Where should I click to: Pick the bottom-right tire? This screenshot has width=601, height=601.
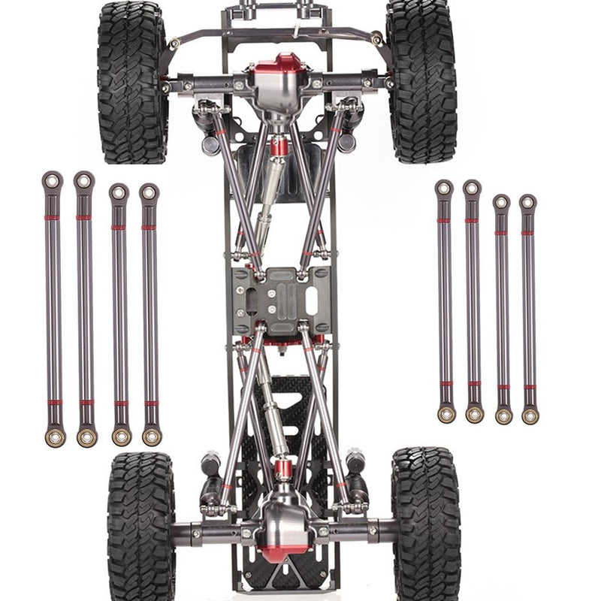tap(426, 526)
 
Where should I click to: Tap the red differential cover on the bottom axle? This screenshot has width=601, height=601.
tap(284, 552)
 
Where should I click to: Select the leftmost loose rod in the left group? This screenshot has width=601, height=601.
tap(53, 308)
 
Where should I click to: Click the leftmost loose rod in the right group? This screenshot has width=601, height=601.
tap(445, 300)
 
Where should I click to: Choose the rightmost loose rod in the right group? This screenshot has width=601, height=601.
tap(529, 308)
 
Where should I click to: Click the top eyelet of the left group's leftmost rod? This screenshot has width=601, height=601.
tap(52, 180)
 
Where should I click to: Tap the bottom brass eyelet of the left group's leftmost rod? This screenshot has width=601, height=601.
tap(55, 436)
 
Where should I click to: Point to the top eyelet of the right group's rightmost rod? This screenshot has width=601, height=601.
tap(527, 202)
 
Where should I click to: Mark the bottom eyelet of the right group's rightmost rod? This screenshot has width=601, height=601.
tap(530, 415)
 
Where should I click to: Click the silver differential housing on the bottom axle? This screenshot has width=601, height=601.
tap(285, 522)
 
